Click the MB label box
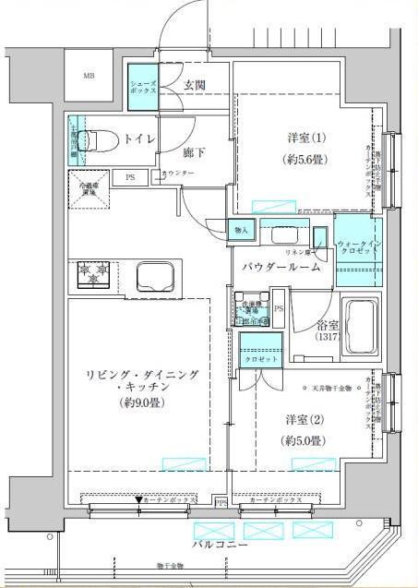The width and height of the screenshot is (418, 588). (90, 75)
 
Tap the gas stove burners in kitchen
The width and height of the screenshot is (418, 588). (93, 274)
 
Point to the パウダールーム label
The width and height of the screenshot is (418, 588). (281, 268)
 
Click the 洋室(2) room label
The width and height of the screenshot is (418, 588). (299, 419)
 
